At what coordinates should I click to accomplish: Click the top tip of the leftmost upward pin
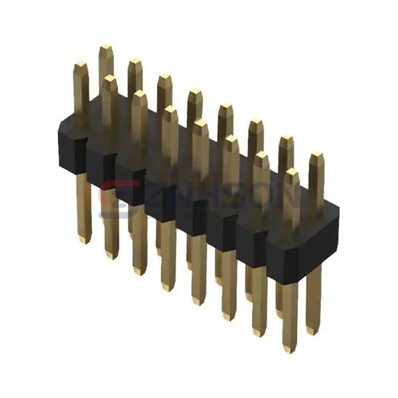pos(80,65)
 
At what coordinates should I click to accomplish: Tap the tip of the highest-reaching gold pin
pos(105,48)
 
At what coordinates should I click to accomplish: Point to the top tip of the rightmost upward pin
pos(317,155)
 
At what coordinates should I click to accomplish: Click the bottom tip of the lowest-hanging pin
pos(289,348)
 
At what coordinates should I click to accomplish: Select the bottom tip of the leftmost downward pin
pos(83,240)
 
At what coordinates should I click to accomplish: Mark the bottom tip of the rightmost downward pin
pos(313,331)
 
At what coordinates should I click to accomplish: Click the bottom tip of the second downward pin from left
pos(110,255)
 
